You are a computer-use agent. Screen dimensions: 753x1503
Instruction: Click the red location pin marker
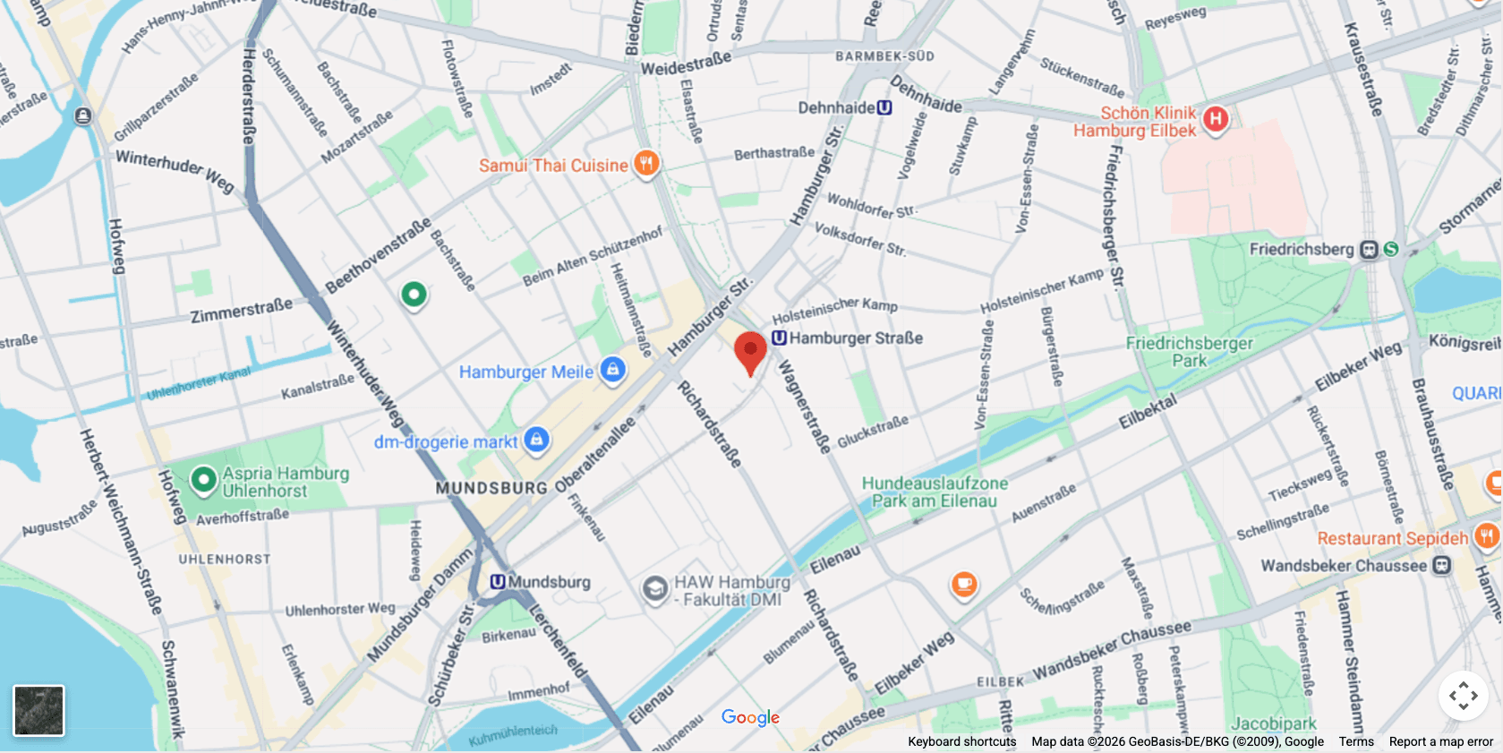pyautogui.click(x=750, y=350)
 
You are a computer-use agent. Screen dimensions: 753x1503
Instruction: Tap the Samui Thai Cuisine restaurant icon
pyautogui.click(x=646, y=163)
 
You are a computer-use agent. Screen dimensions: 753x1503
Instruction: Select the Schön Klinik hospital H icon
pyautogui.click(x=1215, y=118)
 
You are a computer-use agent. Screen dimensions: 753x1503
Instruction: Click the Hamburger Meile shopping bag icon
pyautogui.click(x=612, y=369)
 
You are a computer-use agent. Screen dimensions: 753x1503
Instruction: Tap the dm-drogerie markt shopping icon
pyautogui.click(x=536, y=439)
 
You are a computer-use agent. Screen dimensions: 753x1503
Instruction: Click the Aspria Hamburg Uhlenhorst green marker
pyautogui.click(x=204, y=480)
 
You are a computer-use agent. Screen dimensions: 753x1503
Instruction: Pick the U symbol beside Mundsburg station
pyautogui.click(x=498, y=582)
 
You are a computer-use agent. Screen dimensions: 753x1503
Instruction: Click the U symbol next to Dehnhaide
pyautogui.click(x=884, y=107)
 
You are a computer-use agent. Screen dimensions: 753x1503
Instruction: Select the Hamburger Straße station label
pyautogui.click(x=856, y=338)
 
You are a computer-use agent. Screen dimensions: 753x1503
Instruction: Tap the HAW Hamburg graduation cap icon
pyautogui.click(x=655, y=589)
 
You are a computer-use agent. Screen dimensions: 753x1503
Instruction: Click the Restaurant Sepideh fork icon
pyautogui.click(x=1486, y=536)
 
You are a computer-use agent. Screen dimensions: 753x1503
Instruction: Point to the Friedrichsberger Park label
pyautogui.click(x=1190, y=352)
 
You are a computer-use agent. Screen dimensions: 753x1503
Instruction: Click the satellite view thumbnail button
pyautogui.click(x=38, y=711)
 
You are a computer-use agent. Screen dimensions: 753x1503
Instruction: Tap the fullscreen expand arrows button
pyautogui.click(x=1463, y=696)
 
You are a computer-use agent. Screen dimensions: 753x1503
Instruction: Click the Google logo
pyautogui.click(x=750, y=717)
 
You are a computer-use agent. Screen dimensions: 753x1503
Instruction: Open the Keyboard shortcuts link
pyautogui.click(x=961, y=741)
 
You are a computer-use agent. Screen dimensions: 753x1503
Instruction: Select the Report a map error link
pyautogui.click(x=1440, y=741)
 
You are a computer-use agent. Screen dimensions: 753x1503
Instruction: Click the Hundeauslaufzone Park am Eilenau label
pyautogui.click(x=934, y=492)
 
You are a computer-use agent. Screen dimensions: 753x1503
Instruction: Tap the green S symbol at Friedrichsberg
pyautogui.click(x=1390, y=249)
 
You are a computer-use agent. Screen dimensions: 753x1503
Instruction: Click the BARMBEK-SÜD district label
pyautogui.click(x=884, y=56)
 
